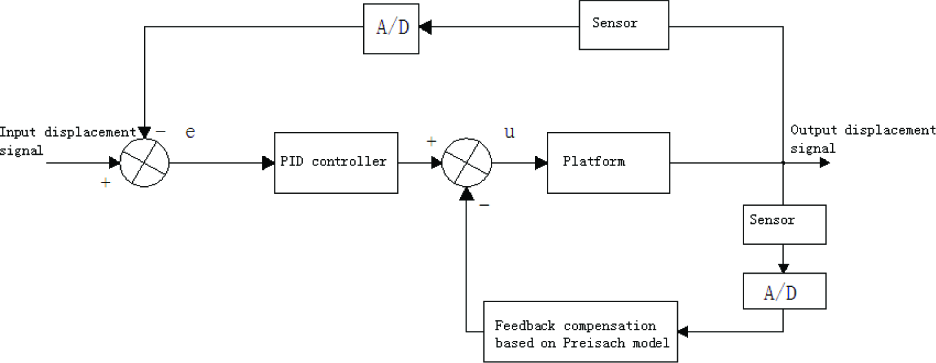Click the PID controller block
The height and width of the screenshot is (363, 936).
(336, 163)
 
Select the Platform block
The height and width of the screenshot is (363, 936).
(609, 163)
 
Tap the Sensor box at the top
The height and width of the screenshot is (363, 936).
(624, 25)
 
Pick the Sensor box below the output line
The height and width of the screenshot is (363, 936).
(784, 225)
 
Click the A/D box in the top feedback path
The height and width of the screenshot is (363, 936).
(391, 28)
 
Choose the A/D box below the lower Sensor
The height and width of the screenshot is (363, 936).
(784, 291)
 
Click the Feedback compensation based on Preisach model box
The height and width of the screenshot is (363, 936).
(580, 332)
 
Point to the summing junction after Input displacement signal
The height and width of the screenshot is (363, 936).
(145, 163)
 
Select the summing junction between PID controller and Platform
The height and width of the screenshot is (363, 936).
(467, 163)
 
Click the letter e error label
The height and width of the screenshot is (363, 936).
(190, 132)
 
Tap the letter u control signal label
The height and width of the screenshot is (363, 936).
(509, 132)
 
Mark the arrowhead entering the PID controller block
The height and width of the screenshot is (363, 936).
(268, 163)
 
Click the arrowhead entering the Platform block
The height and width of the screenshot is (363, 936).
(541, 163)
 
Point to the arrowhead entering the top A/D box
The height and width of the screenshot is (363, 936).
(426, 26)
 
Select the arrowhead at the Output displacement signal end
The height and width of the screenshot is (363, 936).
(825, 163)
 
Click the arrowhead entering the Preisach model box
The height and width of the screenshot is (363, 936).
(683, 332)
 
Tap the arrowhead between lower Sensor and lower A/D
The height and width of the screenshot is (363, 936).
(784, 268)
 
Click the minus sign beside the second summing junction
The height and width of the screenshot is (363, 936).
(484, 204)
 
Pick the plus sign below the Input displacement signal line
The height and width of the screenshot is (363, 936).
(106, 182)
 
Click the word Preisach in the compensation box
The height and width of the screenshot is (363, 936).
(594, 343)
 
